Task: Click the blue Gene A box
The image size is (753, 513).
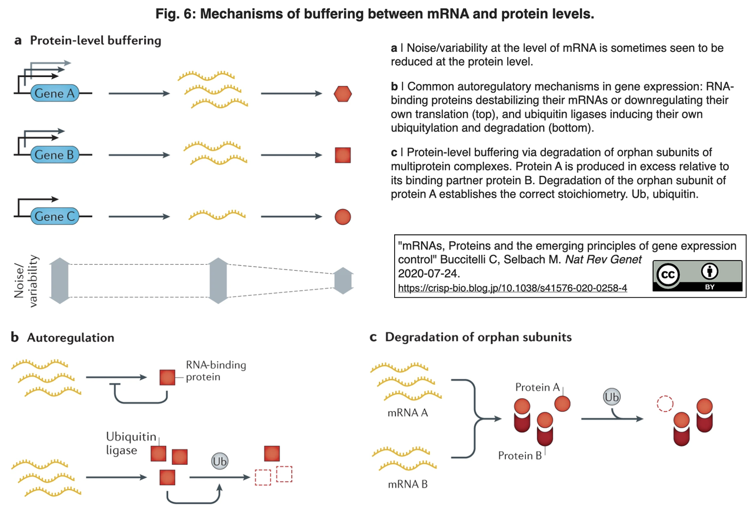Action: coord(55,93)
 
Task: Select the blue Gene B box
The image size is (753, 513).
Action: coord(55,155)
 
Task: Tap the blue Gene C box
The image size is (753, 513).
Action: coord(55,216)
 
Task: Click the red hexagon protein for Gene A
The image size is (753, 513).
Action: coord(343,94)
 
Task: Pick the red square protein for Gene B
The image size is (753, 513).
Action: coord(343,155)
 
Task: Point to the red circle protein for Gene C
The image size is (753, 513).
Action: coord(343,216)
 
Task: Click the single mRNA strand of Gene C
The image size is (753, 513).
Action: coord(217,215)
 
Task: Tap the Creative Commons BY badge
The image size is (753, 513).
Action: coord(698,276)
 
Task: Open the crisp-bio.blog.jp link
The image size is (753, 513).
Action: coord(512,288)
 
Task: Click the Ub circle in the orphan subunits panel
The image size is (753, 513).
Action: coord(611,397)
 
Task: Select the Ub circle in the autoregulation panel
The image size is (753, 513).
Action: coord(220,461)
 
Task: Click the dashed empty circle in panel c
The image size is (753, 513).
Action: coord(665,404)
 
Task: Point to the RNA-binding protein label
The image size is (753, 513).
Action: coord(216,371)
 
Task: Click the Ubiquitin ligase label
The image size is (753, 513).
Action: coord(131,443)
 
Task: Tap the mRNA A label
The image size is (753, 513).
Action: coord(408,412)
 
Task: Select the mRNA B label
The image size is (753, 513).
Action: coord(408,484)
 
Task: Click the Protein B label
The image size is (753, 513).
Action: coord(519,455)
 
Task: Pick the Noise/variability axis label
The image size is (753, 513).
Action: coord(26,281)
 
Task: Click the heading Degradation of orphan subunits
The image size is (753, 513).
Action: coord(478,337)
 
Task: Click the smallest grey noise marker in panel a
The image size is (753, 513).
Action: coord(343,281)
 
